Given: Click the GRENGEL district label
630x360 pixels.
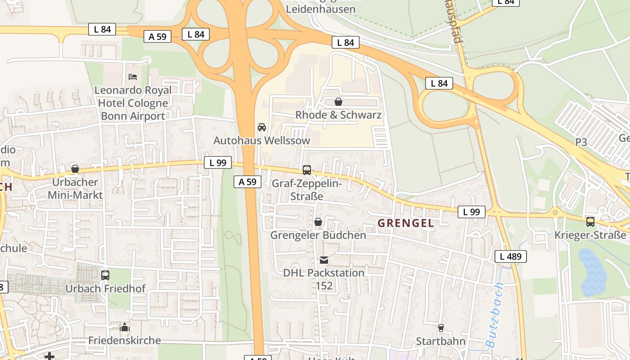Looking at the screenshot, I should click(405, 223).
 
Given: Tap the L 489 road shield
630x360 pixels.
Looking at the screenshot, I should click(510, 256).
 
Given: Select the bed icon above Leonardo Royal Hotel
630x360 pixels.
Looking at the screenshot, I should click(133, 76).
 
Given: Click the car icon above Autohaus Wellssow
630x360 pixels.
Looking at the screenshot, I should click(261, 127).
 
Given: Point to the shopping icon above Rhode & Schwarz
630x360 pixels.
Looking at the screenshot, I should click(338, 102).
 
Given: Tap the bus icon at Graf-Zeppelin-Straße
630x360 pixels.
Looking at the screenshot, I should click(307, 170).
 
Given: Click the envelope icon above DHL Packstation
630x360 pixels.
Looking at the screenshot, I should click(324, 260).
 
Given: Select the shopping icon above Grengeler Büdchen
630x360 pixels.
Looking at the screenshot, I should click(318, 222).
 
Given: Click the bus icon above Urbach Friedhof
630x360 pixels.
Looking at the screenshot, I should click(105, 275).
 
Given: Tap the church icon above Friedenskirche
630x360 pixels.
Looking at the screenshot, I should click(125, 327).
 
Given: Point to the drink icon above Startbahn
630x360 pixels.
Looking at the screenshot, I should click(441, 328).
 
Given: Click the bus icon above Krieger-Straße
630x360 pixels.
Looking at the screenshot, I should click(590, 221).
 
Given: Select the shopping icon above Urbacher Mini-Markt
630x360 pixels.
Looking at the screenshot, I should click(75, 169).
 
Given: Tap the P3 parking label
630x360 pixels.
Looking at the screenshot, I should click(581, 142).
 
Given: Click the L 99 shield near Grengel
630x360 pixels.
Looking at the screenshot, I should click(471, 212).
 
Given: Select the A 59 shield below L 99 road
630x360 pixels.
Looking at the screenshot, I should click(247, 182).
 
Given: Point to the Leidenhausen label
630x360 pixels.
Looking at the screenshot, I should click(317, 9).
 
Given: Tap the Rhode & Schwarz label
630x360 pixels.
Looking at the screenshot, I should click(338, 115).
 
